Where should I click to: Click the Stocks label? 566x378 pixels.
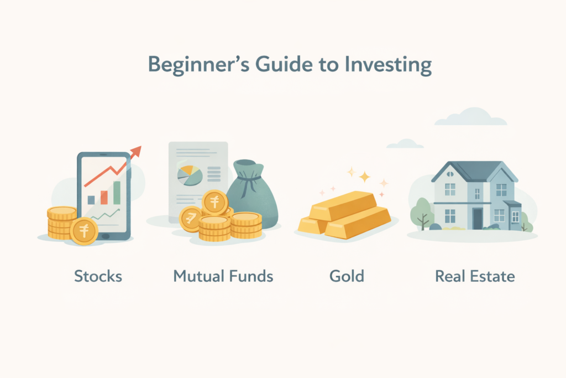tap(98, 276)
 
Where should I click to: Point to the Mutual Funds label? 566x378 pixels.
tap(223, 276)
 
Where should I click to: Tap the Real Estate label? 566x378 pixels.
tap(475, 276)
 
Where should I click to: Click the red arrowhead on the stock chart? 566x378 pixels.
tap(136, 151)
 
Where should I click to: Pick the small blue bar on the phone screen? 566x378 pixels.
tap(91, 200)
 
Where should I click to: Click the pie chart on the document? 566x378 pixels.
tap(188, 176)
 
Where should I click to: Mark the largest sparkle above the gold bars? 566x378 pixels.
tap(364, 177)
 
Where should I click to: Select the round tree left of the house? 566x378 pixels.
tap(422, 209)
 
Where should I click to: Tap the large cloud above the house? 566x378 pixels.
tap(470, 117)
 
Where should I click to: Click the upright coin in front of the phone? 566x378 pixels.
tap(84, 231)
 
